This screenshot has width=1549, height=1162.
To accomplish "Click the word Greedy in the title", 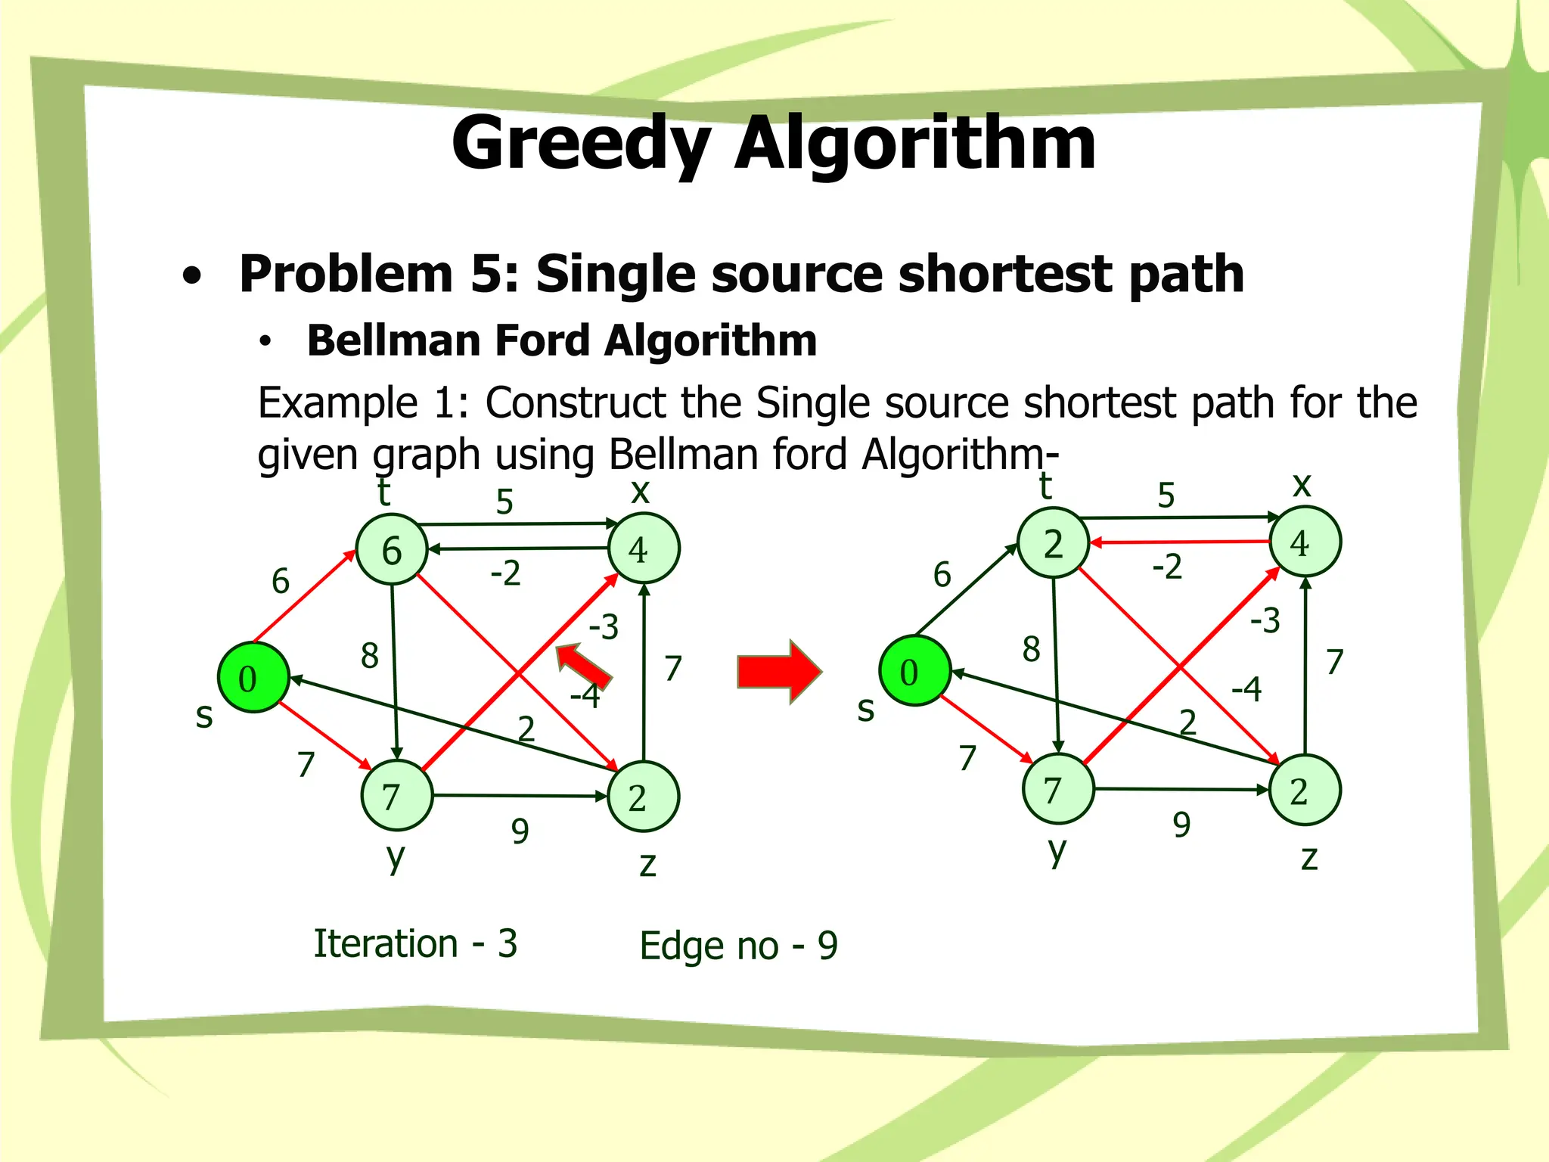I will [x=581, y=144].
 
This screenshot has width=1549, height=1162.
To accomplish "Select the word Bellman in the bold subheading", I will [x=393, y=340].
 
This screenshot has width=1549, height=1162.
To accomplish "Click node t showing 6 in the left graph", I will [x=391, y=549].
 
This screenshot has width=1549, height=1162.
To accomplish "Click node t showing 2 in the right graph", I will [x=1053, y=543].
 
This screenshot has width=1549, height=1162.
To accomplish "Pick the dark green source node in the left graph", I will [x=253, y=678].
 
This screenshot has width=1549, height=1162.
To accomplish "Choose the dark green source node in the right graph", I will [x=914, y=671].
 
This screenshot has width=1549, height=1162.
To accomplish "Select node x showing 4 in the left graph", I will [x=643, y=548].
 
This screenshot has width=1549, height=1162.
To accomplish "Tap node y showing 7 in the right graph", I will [x=1057, y=789].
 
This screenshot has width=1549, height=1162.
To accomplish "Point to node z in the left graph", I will [x=643, y=797].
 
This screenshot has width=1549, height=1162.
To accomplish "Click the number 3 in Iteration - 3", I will [x=508, y=943].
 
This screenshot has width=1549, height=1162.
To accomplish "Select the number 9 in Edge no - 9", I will [x=828, y=946].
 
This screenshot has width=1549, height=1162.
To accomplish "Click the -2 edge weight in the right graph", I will [x=1167, y=567].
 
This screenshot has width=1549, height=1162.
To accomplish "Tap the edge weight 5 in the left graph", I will [x=504, y=502].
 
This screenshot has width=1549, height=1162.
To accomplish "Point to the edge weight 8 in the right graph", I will [x=1031, y=649].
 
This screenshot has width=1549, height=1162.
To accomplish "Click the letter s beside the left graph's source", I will [x=204, y=716].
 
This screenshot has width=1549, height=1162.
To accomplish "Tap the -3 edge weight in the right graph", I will [x=1265, y=620].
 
